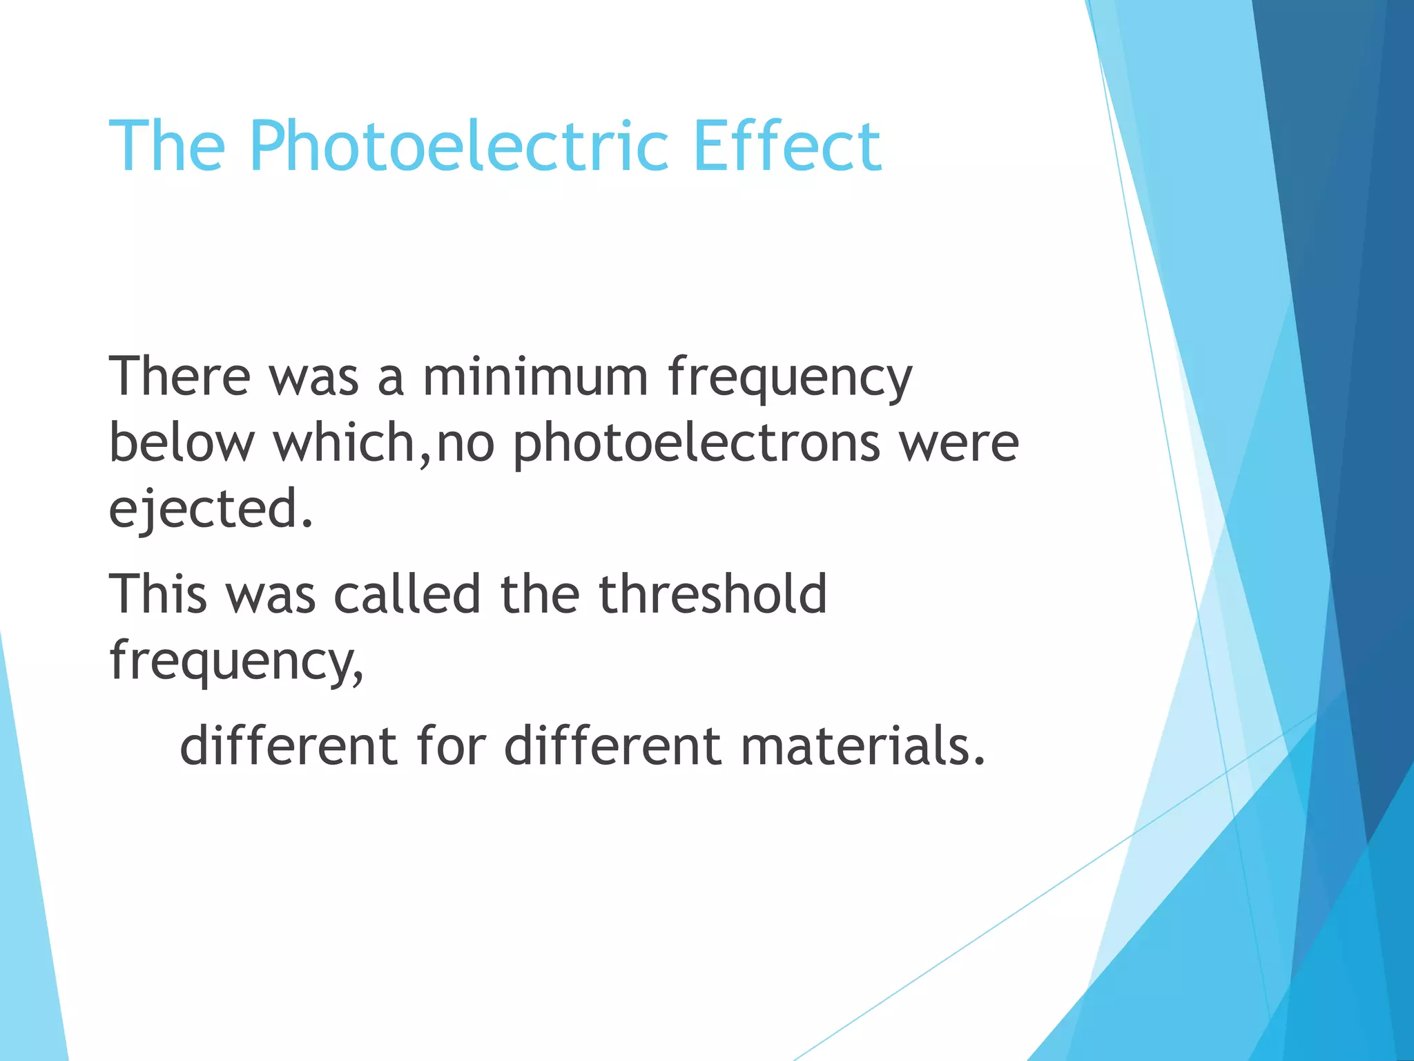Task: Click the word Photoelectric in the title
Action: click(x=459, y=146)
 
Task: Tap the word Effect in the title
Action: click(x=787, y=146)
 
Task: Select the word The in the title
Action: click(x=167, y=146)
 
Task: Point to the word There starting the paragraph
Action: click(x=180, y=376)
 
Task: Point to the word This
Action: click(x=158, y=593)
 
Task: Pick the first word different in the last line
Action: click(x=289, y=746)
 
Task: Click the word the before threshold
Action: click(x=539, y=593)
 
